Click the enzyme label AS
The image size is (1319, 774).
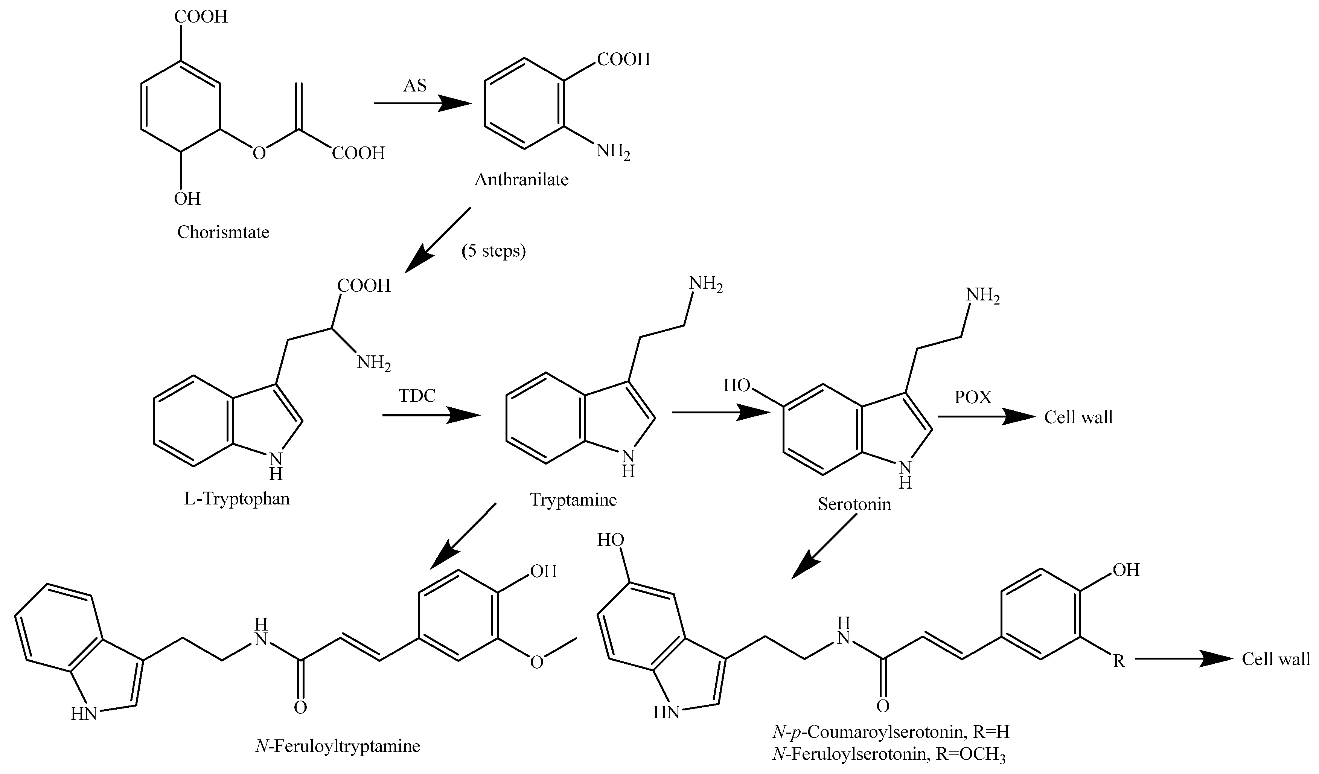(414, 85)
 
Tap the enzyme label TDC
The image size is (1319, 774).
(417, 396)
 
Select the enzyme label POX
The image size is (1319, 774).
(973, 397)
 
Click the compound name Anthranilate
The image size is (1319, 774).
(521, 180)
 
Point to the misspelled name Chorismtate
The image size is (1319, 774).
(223, 232)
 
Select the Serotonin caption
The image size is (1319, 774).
(854, 504)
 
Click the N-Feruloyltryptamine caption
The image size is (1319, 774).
(338, 745)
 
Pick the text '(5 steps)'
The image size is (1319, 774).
(493, 251)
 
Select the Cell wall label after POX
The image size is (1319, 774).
(1078, 417)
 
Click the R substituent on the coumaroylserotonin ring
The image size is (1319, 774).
(1118, 661)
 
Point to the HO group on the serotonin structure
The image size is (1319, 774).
(736, 386)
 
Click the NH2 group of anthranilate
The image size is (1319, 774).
(613, 152)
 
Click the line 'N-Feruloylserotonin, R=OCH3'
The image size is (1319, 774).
(889, 754)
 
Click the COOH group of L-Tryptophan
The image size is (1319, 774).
(364, 286)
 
